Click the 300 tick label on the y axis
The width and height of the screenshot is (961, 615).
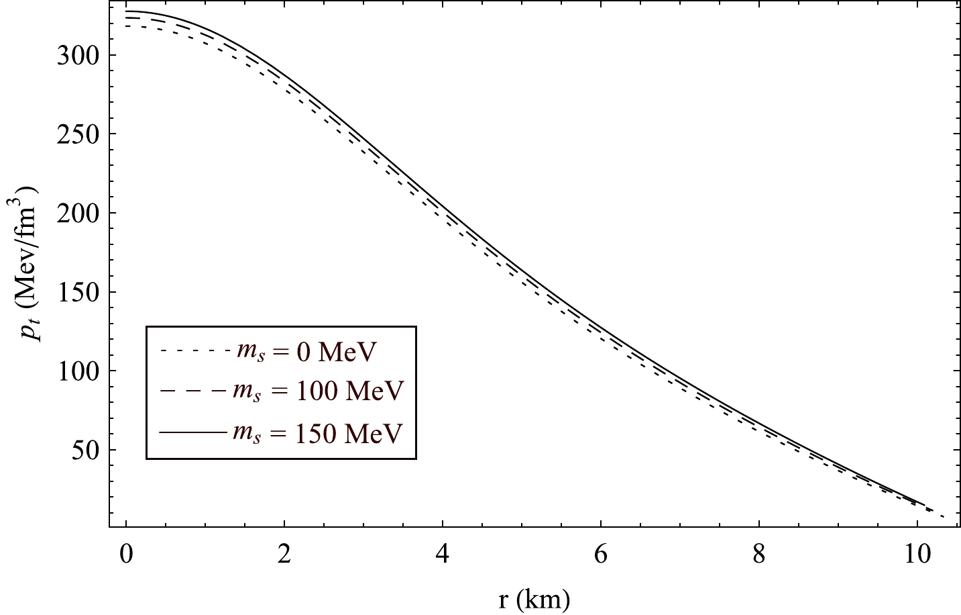coord(78,55)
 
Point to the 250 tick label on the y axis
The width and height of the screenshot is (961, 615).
coord(78,134)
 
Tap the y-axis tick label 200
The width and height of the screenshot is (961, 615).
coord(78,214)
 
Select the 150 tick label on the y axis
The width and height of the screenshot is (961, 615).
coord(78,292)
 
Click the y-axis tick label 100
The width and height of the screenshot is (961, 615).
coord(78,371)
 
